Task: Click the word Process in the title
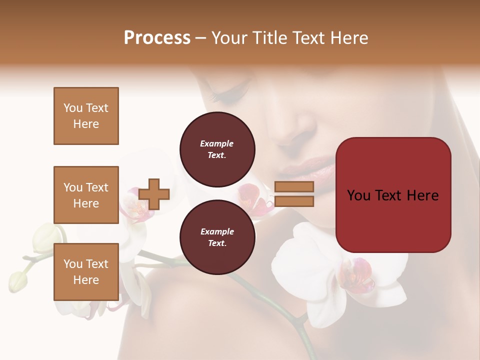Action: coord(157,38)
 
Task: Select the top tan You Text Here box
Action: coord(86,116)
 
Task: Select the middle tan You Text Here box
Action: coord(86,195)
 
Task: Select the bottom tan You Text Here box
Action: coord(86,271)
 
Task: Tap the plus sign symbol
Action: coord(154,194)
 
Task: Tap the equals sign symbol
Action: coord(294,194)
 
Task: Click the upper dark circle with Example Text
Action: coord(217,149)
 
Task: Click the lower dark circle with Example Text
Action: coord(217,237)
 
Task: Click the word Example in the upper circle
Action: coord(217,144)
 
